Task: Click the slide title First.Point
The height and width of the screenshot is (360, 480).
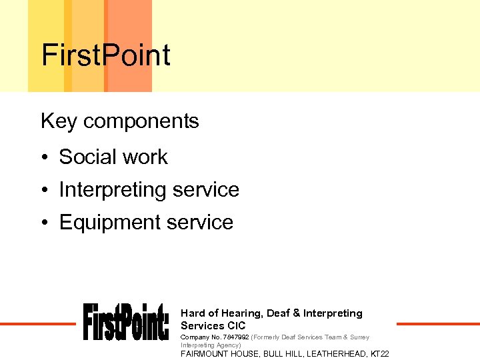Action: [x=106, y=55]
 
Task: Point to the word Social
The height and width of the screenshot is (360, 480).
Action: [x=84, y=157]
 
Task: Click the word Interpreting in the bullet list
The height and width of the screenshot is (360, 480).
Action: [x=113, y=190]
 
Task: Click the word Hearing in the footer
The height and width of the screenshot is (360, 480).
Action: [x=241, y=313]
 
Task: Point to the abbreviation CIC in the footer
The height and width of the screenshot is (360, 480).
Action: [x=237, y=326]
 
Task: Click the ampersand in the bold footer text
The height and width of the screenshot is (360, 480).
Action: [x=297, y=313]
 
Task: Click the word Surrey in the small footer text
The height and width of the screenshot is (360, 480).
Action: [x=359, y=337]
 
